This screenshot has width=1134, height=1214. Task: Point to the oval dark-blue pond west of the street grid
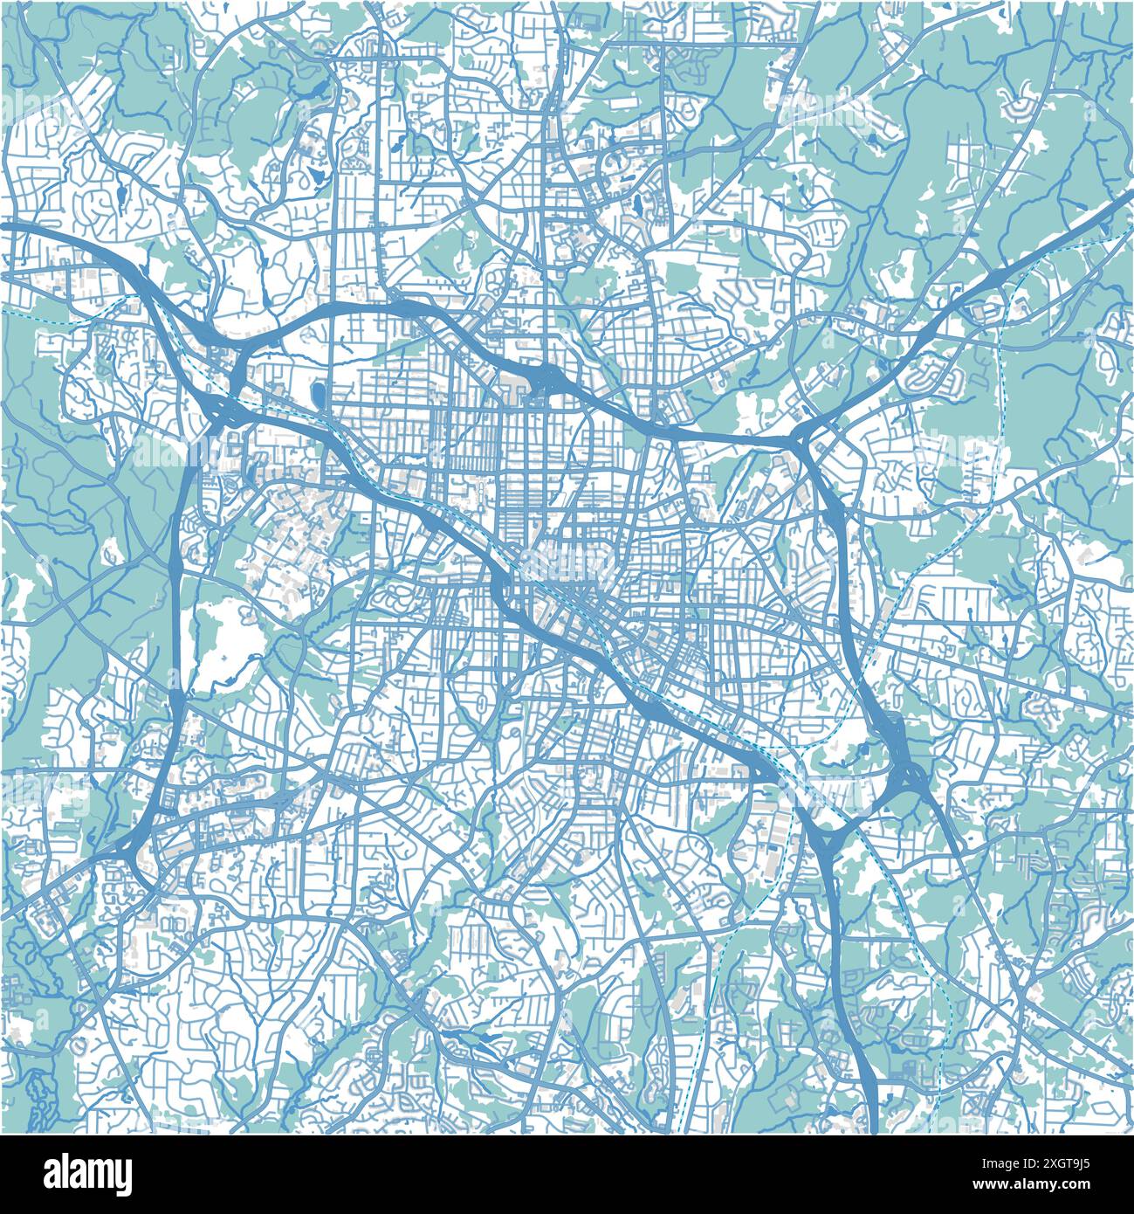317,394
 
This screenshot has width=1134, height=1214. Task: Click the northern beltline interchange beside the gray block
548,380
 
